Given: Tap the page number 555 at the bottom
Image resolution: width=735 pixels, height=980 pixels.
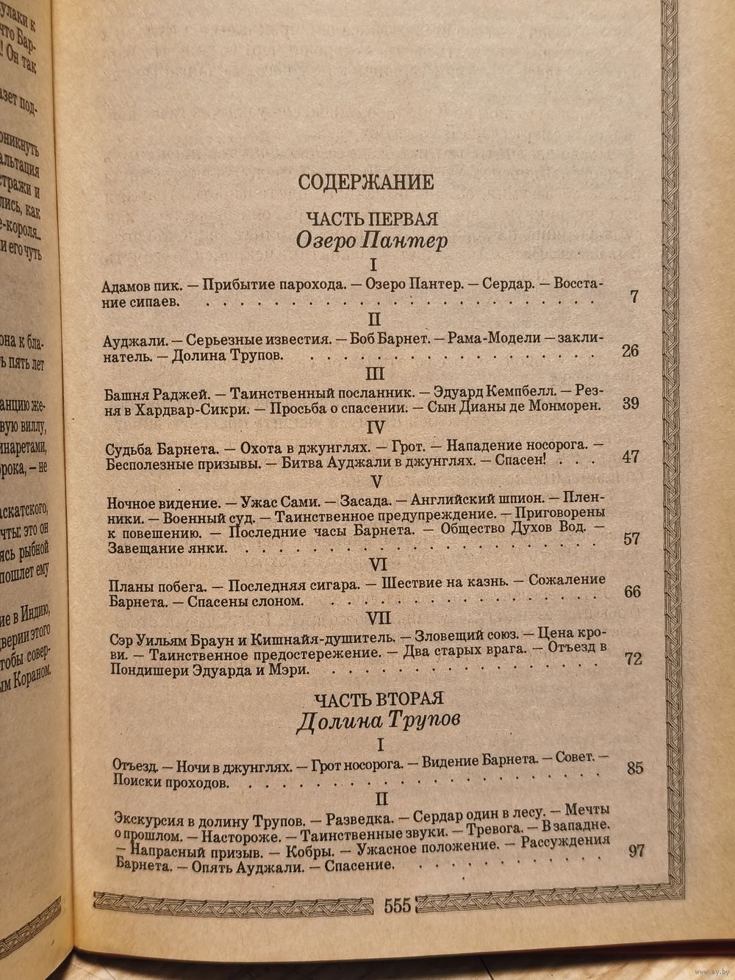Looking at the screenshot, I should pyautogui.click(x=396, y=905).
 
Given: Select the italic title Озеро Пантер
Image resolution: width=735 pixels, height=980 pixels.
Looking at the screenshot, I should pyautogui.click(x=371, y=240).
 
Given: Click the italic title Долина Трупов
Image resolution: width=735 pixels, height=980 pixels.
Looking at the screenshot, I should pyautogui.click(x=378, y=720).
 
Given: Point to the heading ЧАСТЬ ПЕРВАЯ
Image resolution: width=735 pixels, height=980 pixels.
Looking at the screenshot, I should pyautogui.click(x=372, y=218).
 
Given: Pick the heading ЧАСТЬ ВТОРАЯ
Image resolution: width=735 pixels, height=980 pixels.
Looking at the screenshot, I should pyautogui.click(x=380, y=698).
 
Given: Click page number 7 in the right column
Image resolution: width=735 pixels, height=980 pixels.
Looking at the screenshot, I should pyautogui.click(x=634, y=297).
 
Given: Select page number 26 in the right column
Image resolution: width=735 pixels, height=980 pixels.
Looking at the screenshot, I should pyautogui.click(x=630, y=350).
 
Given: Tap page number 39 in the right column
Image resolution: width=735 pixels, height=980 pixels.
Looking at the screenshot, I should pyautogui.click(x=630, y=403).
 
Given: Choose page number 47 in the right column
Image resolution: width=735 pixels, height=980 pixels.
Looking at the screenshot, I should pyautogui.click(x=631, y=457).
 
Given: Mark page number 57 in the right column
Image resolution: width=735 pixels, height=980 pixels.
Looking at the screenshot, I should pyautogui.click(x=631, y=538).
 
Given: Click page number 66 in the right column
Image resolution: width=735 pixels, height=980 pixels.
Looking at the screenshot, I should pyautogui.click(x=631, y=592).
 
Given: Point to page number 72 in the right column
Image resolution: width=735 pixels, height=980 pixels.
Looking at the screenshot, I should pyautogui.click(x=633, y=658).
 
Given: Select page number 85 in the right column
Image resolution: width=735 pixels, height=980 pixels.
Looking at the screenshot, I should pyautogui.click(x=635, y=768).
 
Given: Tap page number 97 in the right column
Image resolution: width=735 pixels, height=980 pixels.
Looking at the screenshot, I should pyautogui.click(x=637, y=851).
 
